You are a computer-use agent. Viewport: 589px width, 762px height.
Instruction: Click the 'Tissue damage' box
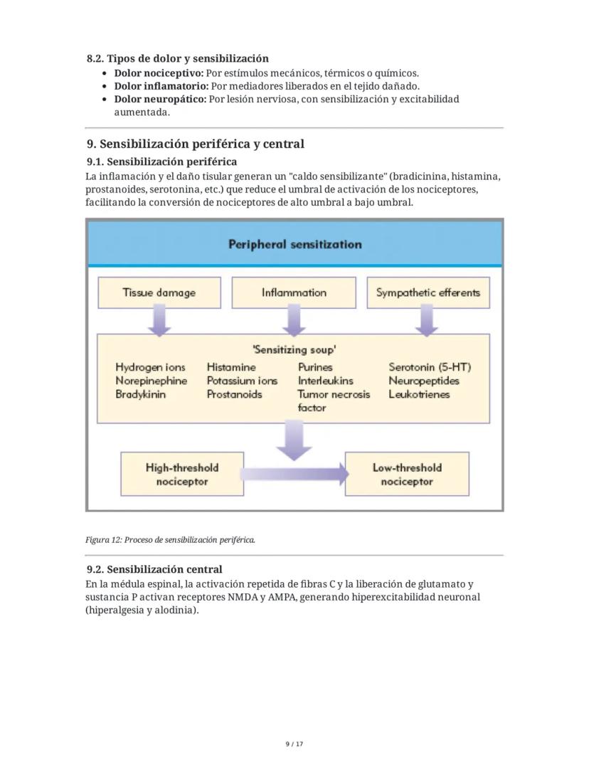159,292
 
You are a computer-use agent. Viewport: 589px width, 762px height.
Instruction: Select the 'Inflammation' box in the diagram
294,292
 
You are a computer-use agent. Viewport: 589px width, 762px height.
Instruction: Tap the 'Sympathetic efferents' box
428,292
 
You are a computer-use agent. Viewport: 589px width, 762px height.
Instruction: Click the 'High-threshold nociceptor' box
182,475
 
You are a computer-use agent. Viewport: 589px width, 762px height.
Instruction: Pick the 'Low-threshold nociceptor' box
407,475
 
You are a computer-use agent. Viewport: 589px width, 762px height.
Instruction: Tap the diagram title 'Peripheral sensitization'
294,244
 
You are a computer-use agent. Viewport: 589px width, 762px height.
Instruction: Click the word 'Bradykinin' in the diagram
140,394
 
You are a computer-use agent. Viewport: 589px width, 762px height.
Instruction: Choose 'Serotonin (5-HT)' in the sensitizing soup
430,367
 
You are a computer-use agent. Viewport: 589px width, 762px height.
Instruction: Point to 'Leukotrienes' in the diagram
419,394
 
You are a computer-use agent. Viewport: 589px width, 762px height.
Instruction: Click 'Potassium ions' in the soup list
242,381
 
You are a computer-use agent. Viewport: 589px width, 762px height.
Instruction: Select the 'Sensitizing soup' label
294,349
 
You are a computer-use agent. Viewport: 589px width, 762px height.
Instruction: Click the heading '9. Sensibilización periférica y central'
195,144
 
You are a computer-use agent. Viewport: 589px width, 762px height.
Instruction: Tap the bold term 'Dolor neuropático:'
160,99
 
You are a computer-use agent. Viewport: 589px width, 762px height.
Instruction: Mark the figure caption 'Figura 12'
170,540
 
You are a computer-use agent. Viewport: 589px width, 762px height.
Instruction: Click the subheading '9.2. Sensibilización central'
154,569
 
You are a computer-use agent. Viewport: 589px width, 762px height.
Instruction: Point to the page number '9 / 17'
294,744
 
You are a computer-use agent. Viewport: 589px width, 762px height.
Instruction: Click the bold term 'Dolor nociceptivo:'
159,73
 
